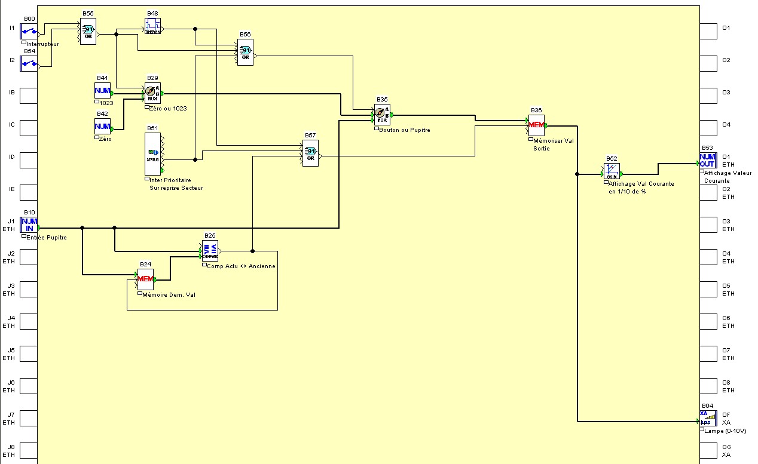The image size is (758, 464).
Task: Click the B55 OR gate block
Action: (88, 30)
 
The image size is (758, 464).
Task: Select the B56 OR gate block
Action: (245, 52)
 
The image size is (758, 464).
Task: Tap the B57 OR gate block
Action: (310, 153)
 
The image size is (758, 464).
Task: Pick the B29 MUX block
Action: (152, 93)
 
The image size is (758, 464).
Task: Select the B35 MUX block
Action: (382, 114)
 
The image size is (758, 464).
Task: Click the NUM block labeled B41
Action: (102, 91)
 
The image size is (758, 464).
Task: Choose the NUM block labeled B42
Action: (102, 126)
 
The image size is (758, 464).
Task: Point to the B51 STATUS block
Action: (153, 153)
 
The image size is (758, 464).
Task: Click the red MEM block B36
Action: (536, 125)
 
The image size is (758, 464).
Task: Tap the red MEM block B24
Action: (145, 279)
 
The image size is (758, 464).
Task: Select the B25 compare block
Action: (210, 251)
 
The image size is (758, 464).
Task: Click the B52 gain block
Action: (612, 171)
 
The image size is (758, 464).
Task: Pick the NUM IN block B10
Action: (29, 225)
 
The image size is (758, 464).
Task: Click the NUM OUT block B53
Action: (707, 161)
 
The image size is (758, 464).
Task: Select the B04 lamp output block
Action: (707, 418)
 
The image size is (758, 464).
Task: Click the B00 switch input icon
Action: (29, 32)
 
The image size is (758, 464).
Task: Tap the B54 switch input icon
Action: (29, 63)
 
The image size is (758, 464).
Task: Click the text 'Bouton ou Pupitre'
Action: (404, 130)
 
